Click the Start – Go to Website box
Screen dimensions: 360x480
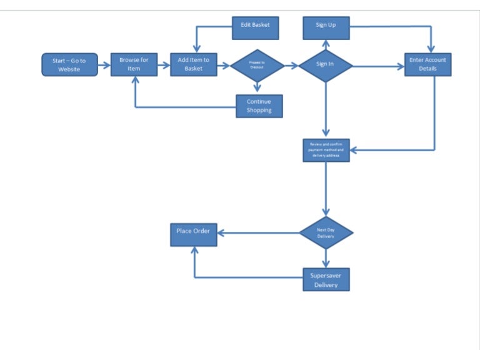tap(69, 64)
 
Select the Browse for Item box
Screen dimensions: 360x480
tap(134, 64)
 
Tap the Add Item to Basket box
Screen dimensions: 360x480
tap(194, 64)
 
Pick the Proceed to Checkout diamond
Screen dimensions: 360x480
tap(257, 65)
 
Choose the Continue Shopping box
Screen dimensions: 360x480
tap(259, 106)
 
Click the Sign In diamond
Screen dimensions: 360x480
tap(326, 64)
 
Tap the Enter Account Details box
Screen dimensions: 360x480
tap(427, 64)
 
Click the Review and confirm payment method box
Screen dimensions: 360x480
tap(326, 150)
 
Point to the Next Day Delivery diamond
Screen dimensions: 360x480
tap(326, 233)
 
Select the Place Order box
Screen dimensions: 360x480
tap(193, 232)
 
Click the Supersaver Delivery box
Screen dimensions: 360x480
tap(326, 279)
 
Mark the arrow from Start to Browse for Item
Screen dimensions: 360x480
tap(104, 64)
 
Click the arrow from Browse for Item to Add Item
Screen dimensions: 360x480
tap(164, 64)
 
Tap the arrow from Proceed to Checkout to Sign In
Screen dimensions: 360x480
tap(291, 64)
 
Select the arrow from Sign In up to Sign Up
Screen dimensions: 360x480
tap(326, 46)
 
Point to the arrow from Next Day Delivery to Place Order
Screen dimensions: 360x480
tap(257, 233)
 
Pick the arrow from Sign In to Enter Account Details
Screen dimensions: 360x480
tap(378, 64)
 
